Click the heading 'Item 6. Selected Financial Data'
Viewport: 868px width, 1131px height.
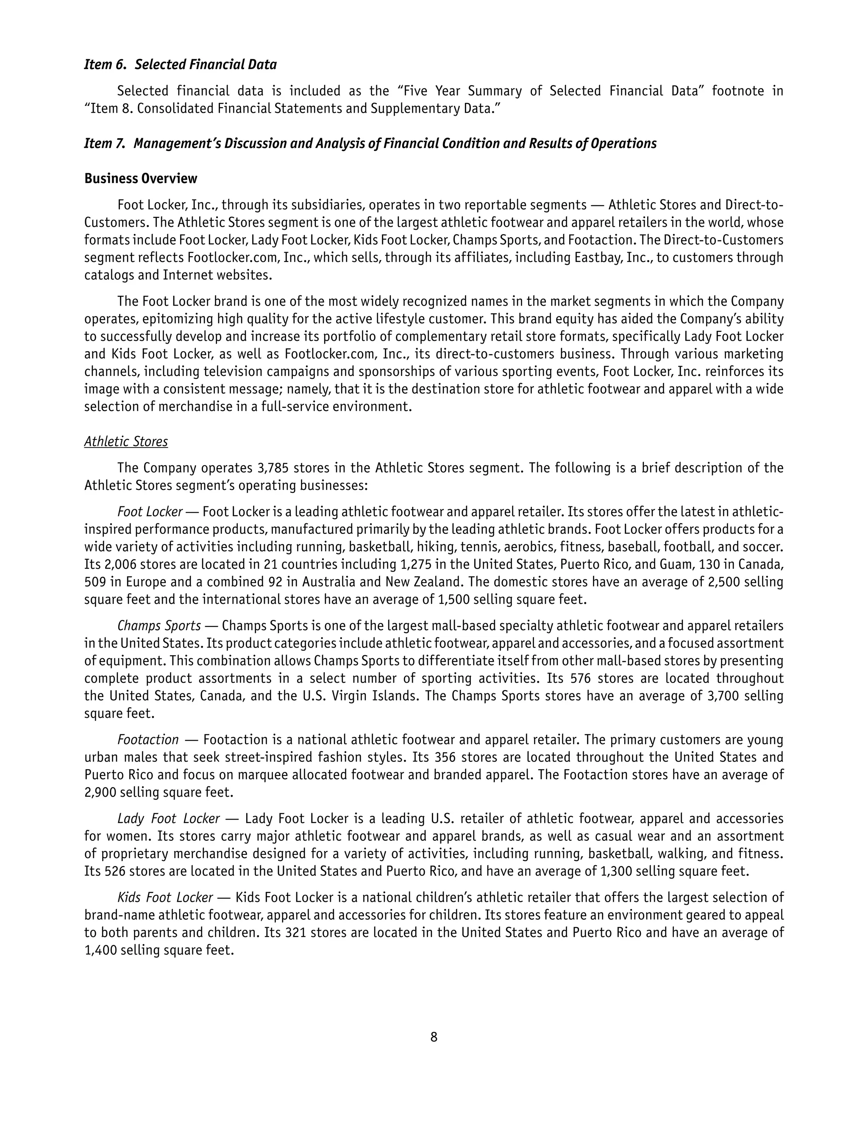(180, 64)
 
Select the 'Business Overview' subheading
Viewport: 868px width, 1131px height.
(141, 179)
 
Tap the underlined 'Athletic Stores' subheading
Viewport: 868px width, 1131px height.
(126, 442)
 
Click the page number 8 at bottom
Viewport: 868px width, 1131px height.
(434, 1037)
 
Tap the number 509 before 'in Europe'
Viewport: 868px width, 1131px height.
(95, 582)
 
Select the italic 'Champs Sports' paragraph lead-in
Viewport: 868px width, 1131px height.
(159, 626)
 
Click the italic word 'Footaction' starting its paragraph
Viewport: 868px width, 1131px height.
(148, 740)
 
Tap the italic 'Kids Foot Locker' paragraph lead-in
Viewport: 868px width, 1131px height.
(165, 898)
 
